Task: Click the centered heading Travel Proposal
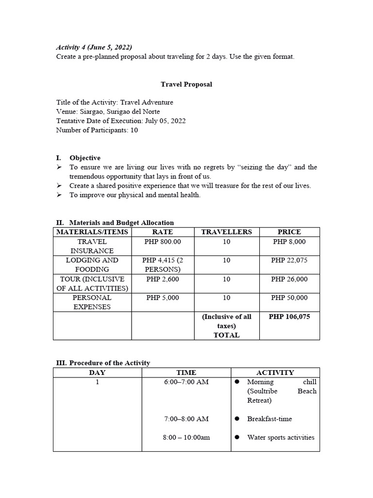186,84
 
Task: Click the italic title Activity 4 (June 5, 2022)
94,47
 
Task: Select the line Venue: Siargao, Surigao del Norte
108,111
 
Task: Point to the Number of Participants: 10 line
97,130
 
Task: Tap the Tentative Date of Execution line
121,121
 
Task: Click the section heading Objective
85,158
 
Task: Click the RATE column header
162,232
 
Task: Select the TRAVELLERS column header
226,232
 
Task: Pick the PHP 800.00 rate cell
162,241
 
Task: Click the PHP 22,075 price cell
289,260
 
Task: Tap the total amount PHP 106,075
289,317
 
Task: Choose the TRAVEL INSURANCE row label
92,246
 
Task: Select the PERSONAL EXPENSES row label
92,302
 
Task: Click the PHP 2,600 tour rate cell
162,279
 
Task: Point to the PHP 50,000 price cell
289,298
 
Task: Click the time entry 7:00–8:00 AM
186,419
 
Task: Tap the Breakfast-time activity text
270,419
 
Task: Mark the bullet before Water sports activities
237,437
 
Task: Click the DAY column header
97,373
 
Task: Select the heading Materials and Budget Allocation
121,223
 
